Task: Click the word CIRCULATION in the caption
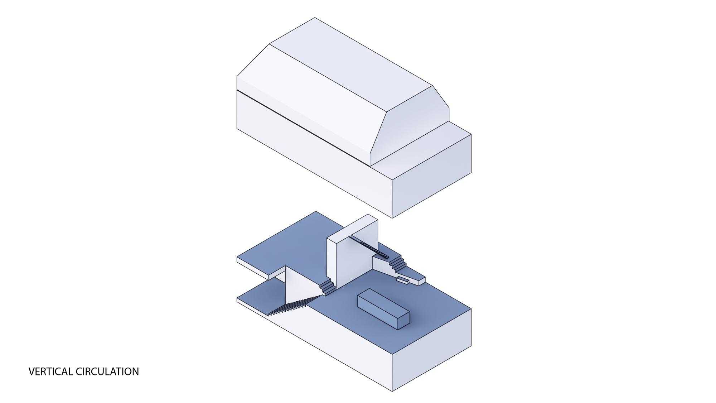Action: coord(107,372)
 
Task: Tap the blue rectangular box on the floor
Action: coord(383,309)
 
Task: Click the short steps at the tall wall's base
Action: coord(328,287)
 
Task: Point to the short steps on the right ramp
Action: coord(398,263)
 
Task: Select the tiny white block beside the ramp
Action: coord(402,280)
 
